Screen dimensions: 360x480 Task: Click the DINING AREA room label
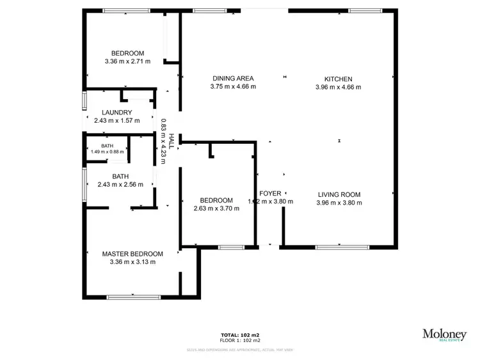(x=234, y=79)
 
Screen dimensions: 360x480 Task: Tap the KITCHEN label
(x=339, y=79)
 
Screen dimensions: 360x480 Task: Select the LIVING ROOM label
(x=339, y=194)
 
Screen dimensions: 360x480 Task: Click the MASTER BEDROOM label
(x=132, y=253)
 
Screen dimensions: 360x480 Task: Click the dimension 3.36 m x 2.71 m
(x=127, y=62)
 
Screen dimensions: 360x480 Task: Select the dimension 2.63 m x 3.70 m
(x=216, y=208)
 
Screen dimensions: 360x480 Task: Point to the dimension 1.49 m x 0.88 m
(x=107, y=152)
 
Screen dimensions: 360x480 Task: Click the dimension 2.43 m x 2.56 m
(x=120, y=184)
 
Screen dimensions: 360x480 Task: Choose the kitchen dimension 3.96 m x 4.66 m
(x=339, y=87)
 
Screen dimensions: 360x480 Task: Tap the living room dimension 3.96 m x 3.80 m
(x=339, y=203)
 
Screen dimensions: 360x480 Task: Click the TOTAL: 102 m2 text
(x=240, y=335)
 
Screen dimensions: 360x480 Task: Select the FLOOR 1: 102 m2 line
(x=240, y=340)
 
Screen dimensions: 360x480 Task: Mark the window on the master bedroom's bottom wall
(x=133, y=297)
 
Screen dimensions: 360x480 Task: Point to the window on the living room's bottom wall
(x=338, y=247)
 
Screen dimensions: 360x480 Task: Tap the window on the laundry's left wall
(x=83, y=102)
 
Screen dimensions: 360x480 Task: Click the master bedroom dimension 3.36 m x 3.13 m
(x=132, y=262)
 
